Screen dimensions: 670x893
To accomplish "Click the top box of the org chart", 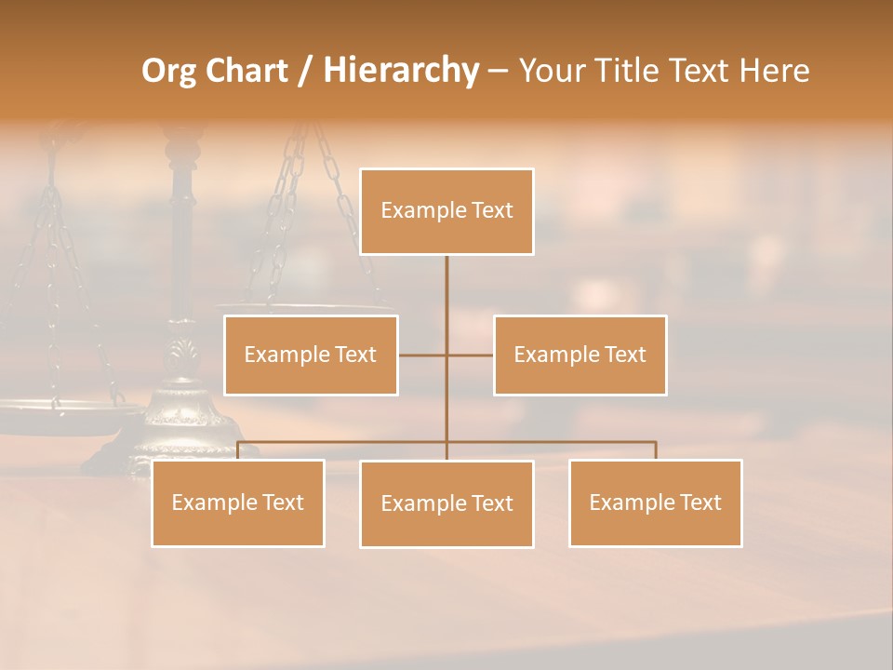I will pyautogui.click(x=446, y=211).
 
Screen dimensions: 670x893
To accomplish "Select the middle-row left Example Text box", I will pyautogui.click(x=311, y=355).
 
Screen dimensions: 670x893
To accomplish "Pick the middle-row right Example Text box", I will pyautogui.click(x=580, y=355).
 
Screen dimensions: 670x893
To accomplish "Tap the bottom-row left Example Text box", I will pyautogui.click(x=238, y=502).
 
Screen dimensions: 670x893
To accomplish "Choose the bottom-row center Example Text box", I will pyautogui.click(x=446, y=503).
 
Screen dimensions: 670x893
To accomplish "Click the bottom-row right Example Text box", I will pyautogui.click(x=655, y=502).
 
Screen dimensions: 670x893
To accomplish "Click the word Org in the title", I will pyautogui.click(x=168, y=72).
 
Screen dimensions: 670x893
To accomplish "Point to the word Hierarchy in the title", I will pyautogui.click(x=400, y=72).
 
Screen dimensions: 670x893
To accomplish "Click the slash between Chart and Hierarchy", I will pyautogui.click(x=305, y=72).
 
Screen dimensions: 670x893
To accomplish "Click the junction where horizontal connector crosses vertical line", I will pyautogui.click(x=446, y=355).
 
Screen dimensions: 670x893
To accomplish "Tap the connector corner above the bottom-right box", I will pyautogui.click(x=655, y=443).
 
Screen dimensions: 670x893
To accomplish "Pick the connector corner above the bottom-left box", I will pyautogui.click(x=238, y=443).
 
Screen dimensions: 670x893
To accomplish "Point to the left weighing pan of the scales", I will pyautogui.click(x=56, y=409).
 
